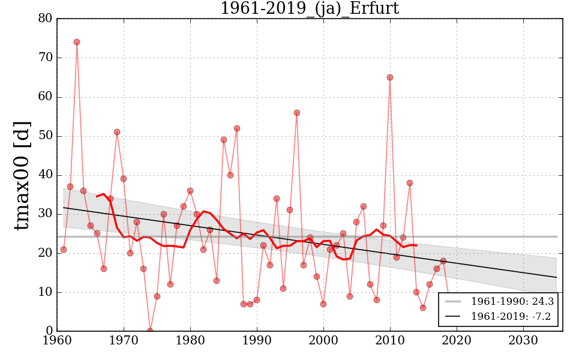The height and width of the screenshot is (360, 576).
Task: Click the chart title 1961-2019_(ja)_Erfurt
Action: coord(309,8)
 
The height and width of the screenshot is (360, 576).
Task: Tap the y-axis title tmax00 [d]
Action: coord(23,175)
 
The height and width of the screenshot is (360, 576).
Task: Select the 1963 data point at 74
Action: coord(77,42)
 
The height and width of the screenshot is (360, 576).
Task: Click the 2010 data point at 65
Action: coord(390,77)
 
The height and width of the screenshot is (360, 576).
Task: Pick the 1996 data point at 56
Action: coord(297,113)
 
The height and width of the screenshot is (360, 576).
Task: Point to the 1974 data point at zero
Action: coord(150,331)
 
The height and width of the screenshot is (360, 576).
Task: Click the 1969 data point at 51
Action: coord(117,132)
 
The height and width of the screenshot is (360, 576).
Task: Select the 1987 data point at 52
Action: coord(237,128)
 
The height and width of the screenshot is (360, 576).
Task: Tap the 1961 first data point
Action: coord(64,250)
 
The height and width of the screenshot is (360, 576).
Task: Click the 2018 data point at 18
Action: coord(443,261)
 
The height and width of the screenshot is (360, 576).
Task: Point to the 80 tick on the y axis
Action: coord(45,19)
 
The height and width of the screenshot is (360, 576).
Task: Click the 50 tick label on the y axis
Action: coord(45,136)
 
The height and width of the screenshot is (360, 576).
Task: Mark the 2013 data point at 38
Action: coord(410,183)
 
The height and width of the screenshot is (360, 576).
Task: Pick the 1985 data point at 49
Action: coord(224,140)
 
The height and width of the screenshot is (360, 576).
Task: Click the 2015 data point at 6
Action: coord(423,308)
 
